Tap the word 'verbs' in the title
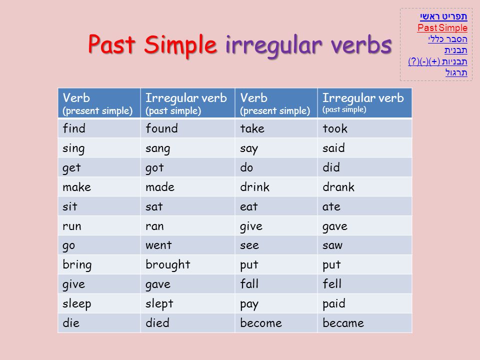coord(361,44)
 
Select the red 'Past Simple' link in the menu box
coord(442,28)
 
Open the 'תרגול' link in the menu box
coord(456,72)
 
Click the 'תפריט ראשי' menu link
coord(443,16)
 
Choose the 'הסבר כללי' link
coord(447,39)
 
